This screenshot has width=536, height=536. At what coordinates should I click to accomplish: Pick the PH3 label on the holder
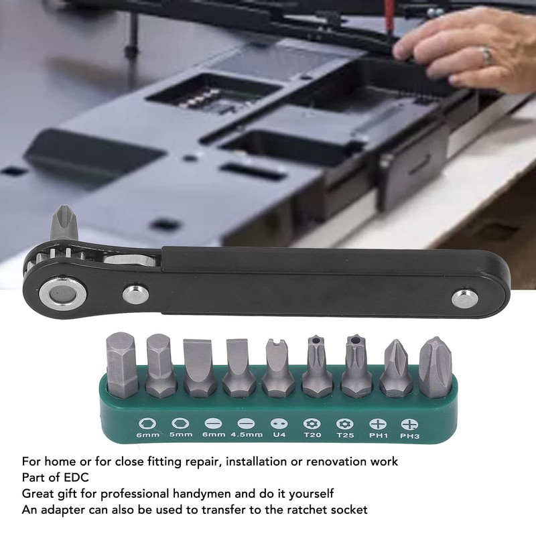409,435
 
